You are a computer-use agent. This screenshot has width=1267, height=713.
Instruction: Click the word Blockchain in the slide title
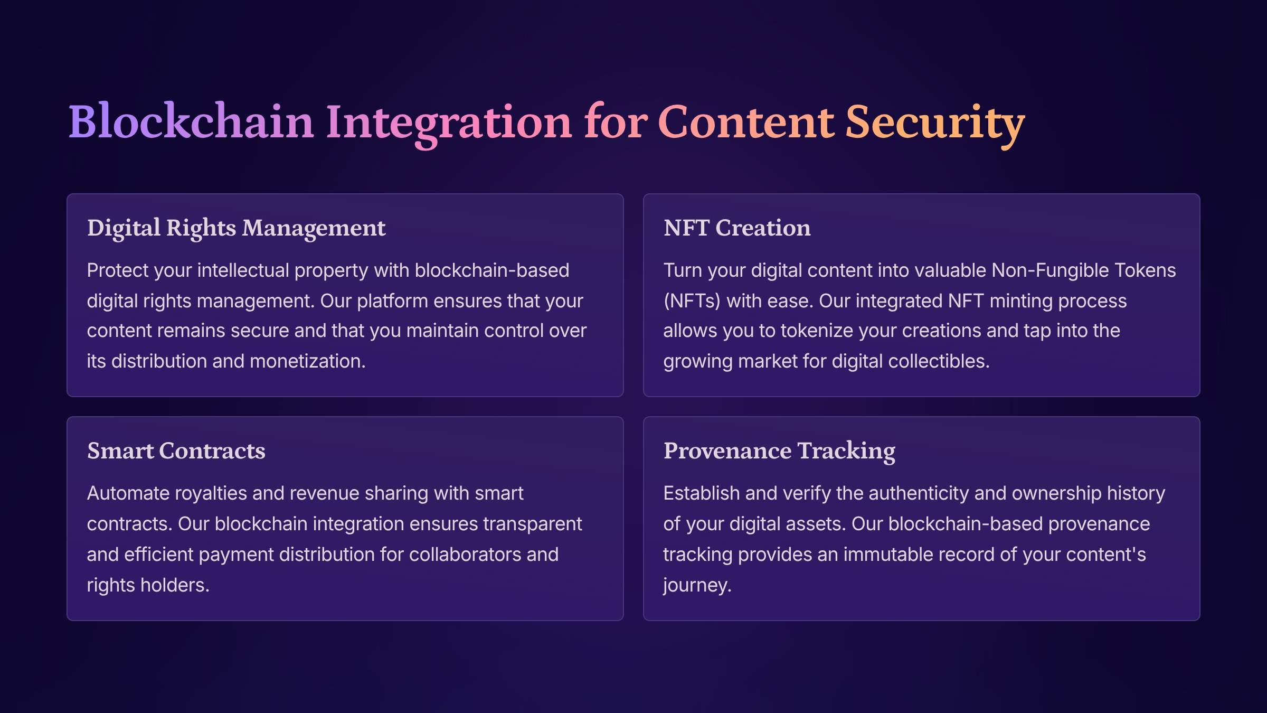click(192, 121)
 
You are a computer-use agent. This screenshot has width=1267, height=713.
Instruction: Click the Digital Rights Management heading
click(237, 229)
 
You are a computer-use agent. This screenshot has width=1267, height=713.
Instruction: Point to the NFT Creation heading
click(737, 228)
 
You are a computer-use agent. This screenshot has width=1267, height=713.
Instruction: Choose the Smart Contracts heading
click(176, 451)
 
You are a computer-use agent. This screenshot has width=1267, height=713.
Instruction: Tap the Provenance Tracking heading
click(779, 452)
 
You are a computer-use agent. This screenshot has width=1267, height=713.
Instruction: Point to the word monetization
click(308, 361)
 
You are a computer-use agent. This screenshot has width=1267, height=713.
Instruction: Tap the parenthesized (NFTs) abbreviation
click(692, 301)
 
